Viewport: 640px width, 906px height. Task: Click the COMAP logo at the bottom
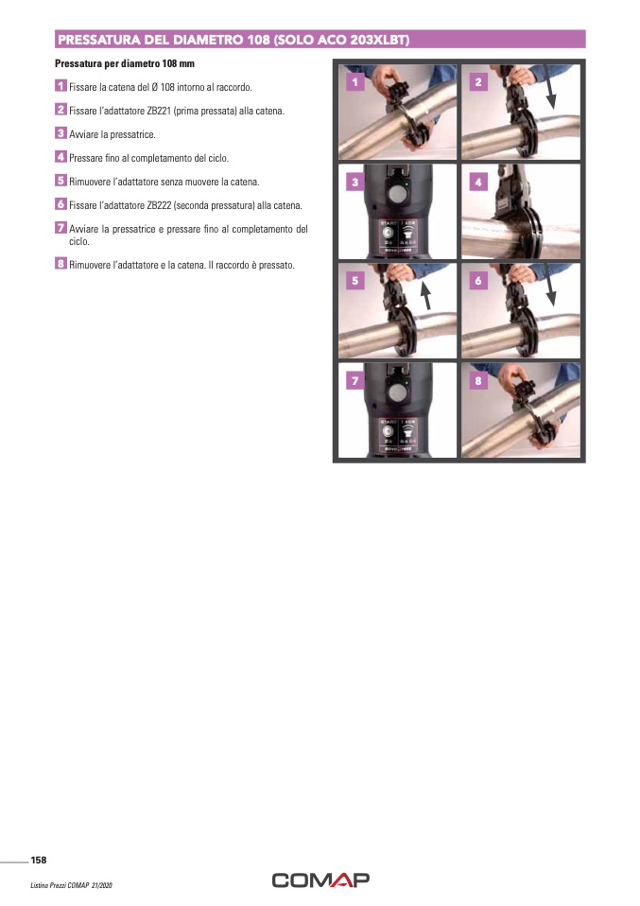tap(320, 880)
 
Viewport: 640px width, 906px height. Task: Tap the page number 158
tap(39, 860)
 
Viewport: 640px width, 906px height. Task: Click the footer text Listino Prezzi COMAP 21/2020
tap(72, 885)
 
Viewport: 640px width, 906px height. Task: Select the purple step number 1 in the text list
tap(61, 86)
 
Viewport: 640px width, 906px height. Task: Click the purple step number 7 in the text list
tap(61, 228)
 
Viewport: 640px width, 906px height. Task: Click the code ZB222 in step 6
tap(160, 206)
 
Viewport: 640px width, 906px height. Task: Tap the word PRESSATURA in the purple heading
tap(99, 40)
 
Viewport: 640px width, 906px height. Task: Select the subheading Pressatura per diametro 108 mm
tap(125, 63)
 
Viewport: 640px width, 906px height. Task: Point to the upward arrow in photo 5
tap(425, 296)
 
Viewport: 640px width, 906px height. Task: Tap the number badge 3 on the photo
tap(355, 182)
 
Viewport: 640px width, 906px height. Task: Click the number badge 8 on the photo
tap(478, 381)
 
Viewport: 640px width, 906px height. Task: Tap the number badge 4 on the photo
tap(478, 182)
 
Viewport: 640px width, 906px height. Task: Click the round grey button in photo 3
tap(397, 193)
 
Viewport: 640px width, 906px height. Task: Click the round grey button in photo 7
tap(397, 392)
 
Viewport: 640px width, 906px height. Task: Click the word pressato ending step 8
tap(276, 265)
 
